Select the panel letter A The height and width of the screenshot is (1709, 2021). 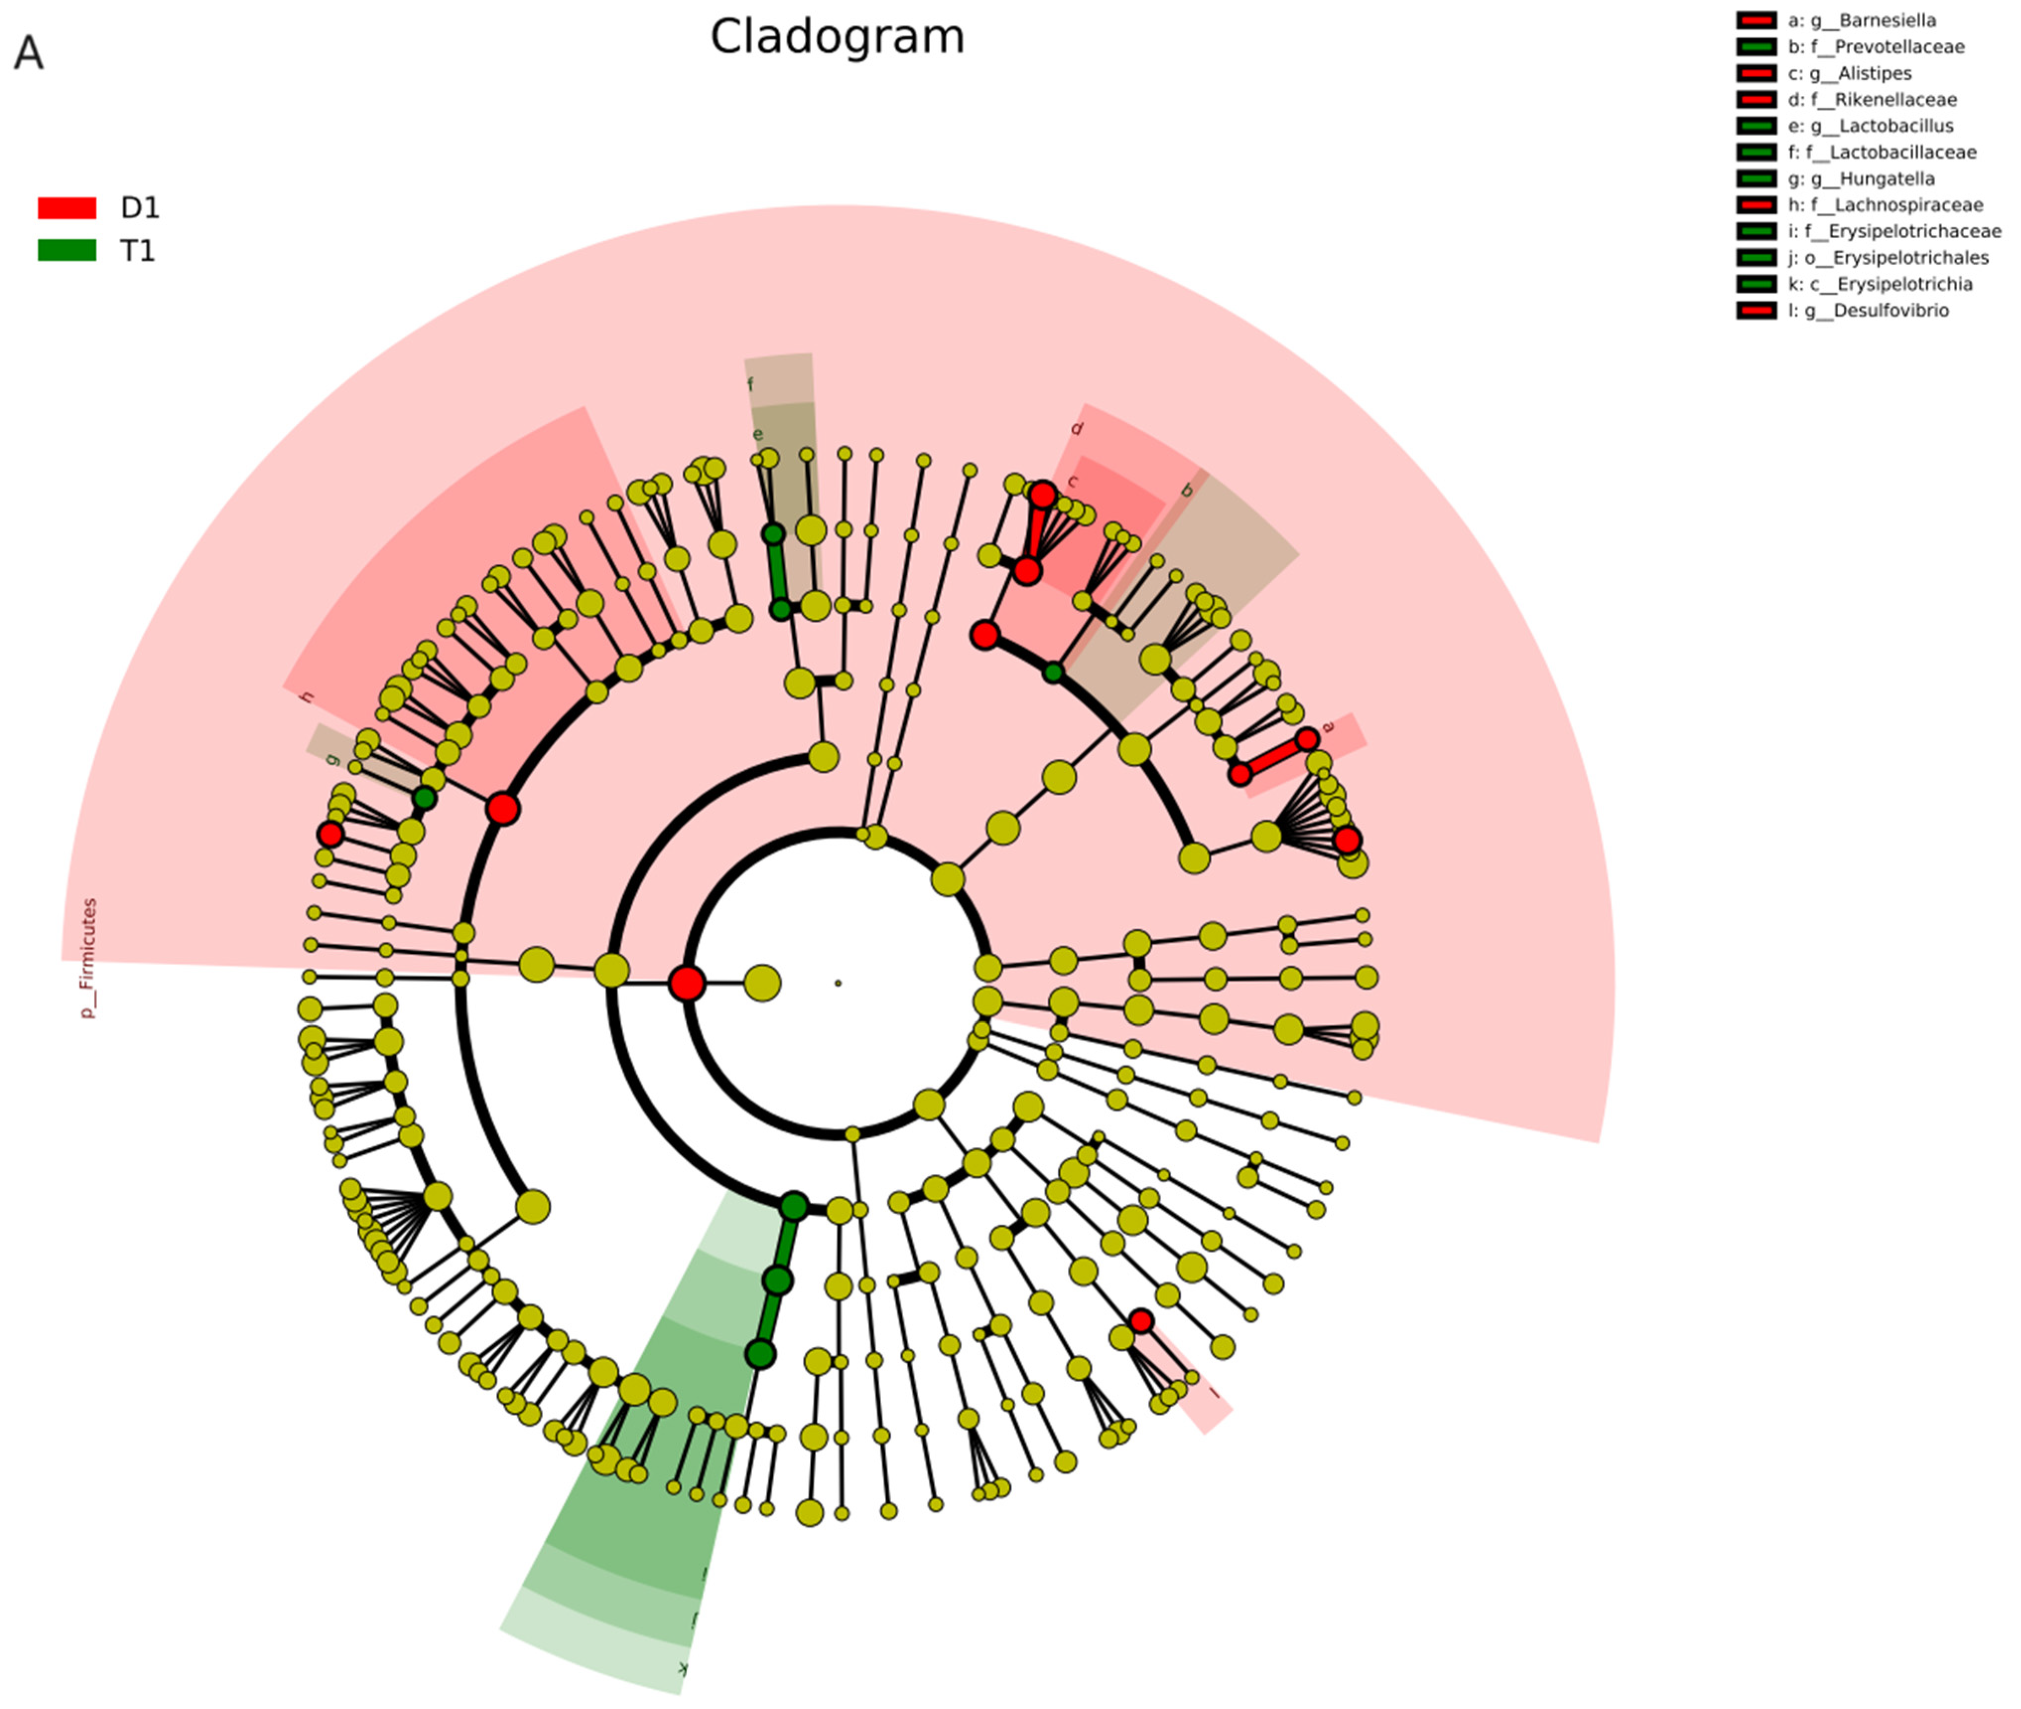[x=28, y=54]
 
